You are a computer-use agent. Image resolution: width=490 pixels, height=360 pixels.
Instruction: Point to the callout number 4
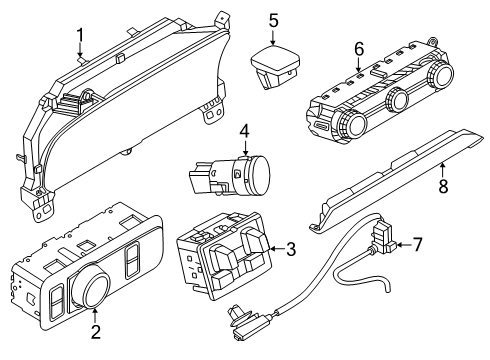243,131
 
